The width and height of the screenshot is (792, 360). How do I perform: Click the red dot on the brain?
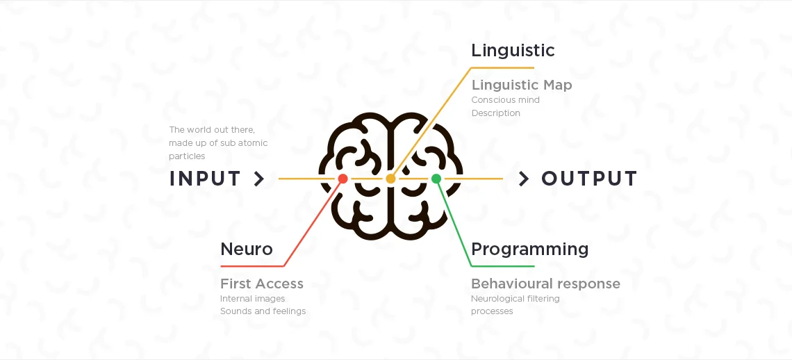pyautogui.click(x=343, y=179)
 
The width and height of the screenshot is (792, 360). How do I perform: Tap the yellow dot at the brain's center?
pyautogui.click(x=390, y=179)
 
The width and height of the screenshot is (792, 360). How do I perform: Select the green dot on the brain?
pyautogui.click(x=436, y=179)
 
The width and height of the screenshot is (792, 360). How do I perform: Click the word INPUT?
pyautogui.click(x=205, y=179)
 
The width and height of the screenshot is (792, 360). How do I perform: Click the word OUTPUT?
pyautogui.click(x=589, y=179)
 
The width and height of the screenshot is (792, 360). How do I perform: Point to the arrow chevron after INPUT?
pyautogui.click(x=259, y=179)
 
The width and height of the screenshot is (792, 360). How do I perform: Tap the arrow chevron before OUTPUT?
pyautogui.click(x=524, y=179)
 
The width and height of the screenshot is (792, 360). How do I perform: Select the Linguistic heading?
pyautogui.click(x=513, y=50)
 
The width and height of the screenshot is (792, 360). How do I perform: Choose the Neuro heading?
pyautogui.click(x=247, y=249)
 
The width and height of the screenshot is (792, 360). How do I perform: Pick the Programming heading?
pyautogui.click(x=529, y=249)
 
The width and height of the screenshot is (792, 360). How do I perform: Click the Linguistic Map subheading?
pyautogui.click(x=522, y=85)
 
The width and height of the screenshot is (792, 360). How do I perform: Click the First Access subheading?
pyautogui.click(x=262, y=284)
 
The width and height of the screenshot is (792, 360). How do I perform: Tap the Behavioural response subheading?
pyautogui.click(x=545, y=284)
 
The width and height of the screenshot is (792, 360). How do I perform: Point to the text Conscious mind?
pyautogui.click(x=505, y=99)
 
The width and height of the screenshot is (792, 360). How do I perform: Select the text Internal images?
pyautogui.click(x=252, y=299)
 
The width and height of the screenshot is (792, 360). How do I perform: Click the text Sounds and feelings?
pyautogui.click(x=263, y=311)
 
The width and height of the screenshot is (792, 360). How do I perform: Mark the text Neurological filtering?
pyautogui.click(x=515, y=299)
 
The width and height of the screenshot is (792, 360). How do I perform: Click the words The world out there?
pyautogui.click(x=212, y=130)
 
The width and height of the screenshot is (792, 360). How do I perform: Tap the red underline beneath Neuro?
pyautogui.click(x=251, y=265)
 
